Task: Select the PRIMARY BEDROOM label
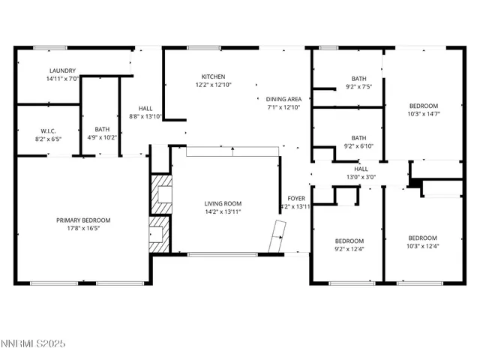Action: point(83,220)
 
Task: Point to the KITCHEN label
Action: point(213,76)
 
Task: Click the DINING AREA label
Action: point(283,99)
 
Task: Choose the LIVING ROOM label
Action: point(223,203)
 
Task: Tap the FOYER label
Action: point(295,198)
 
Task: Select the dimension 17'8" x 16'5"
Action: point(83,228)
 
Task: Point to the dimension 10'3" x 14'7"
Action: point(423,114)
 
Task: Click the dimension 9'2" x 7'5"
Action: point(359,86)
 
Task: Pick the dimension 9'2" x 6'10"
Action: point(359,146)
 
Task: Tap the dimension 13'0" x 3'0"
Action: point(361,178)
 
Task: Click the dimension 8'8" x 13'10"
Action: point(145,116)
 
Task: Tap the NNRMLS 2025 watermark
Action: point(34,343)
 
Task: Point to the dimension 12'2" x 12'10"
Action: point(213,85)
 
